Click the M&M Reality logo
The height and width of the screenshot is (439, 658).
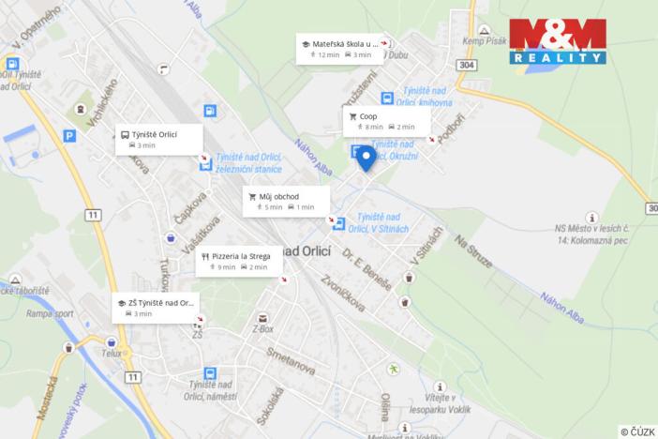coord(558,40)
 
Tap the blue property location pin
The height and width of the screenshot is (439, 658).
coord(366,158)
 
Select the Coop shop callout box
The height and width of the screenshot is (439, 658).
coord(386,121)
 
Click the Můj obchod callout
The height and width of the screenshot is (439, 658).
coord(286,201)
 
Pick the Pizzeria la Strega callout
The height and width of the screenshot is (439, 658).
coord(239,260)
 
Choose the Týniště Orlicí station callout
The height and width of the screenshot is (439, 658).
coord(158,139)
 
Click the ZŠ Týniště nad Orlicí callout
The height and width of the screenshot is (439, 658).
coord(157,308)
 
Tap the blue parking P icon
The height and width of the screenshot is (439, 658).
coord(69,135)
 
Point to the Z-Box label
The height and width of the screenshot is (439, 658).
coord(262,329)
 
